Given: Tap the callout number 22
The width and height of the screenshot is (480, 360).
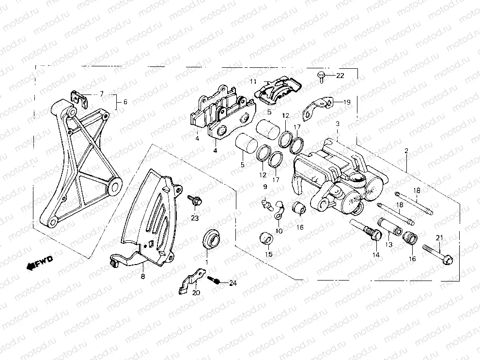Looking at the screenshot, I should (340, 76).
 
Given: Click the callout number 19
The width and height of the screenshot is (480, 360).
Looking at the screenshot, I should (347, 102).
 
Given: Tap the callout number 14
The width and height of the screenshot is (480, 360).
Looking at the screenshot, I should (375, 255).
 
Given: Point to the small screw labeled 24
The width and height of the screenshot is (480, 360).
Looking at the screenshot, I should (215, 281).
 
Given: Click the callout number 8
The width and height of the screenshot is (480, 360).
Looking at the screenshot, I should (142, 277).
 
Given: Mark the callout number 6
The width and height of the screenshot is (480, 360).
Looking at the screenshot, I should (125, 102).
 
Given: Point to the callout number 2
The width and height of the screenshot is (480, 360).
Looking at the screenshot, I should (406, 151).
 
